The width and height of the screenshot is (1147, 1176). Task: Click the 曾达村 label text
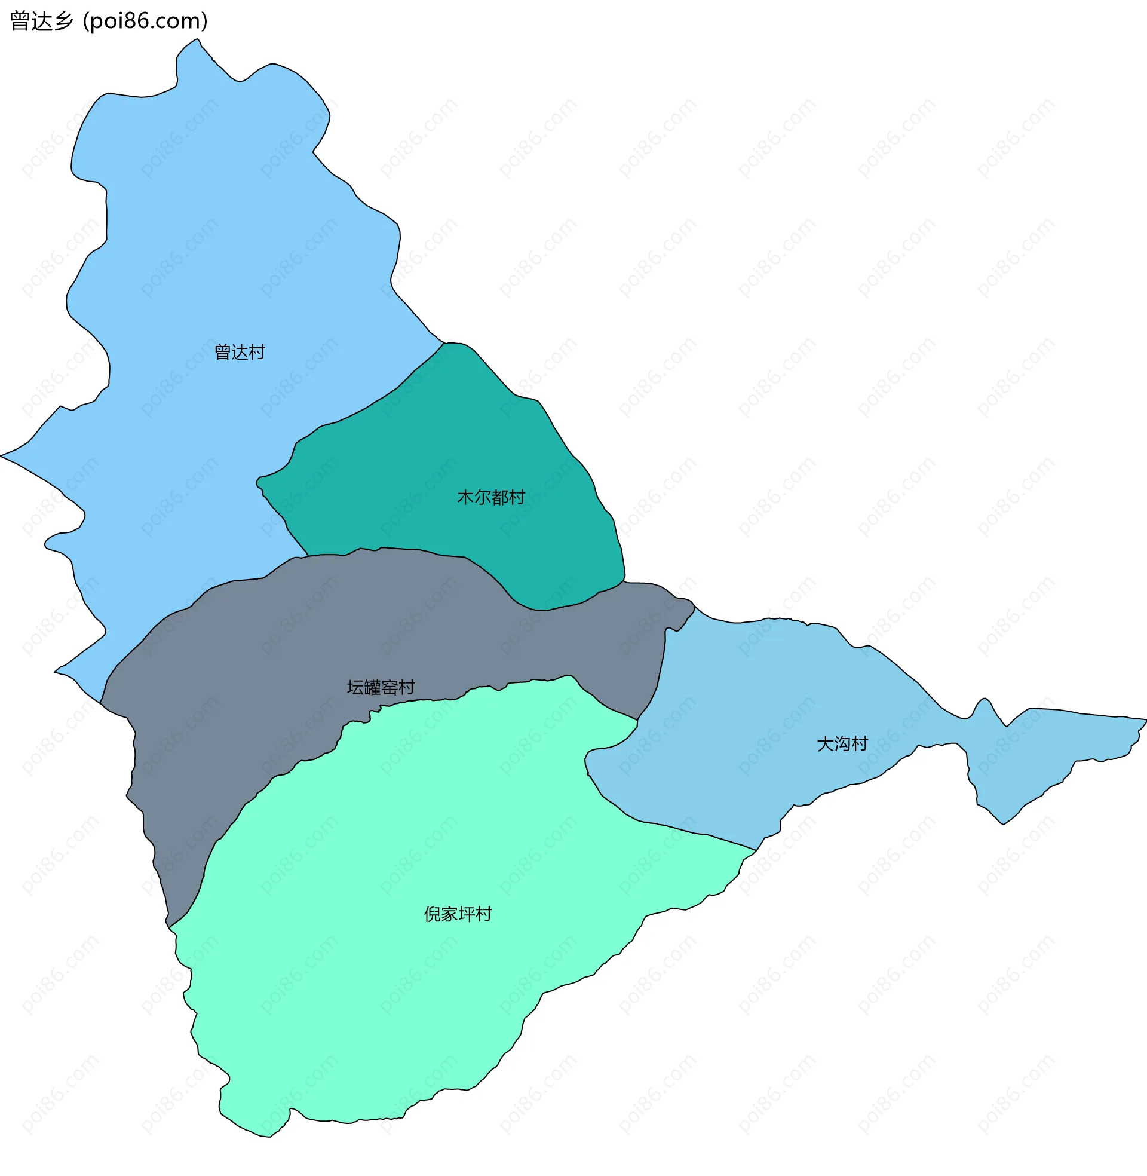click(x=240, y=352)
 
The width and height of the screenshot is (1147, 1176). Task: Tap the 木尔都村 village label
click(x=491, y=497)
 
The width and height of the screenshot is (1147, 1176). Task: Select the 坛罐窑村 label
click(x=381, y=687)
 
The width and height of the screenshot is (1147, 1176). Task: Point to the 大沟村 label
click(x=842, y=744)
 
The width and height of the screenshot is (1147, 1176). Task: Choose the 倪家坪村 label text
click(x=458, y=914)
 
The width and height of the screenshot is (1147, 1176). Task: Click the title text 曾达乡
click(x=41, y=21)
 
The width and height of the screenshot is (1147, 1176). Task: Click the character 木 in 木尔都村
click(x=465, y=497)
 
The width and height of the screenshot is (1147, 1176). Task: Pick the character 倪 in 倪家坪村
click(x=433, y=914)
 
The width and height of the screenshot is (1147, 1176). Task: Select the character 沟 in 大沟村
click(x=842, y=744)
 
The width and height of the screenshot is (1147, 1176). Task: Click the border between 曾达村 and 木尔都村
click(x=361, y=410)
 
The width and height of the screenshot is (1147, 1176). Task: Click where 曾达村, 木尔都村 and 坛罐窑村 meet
click(x=308, y=556)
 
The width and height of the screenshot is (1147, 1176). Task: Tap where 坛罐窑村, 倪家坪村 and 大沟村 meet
click(x=637, y=719)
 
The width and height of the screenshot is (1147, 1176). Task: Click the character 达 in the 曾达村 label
click(x=240, y=352)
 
